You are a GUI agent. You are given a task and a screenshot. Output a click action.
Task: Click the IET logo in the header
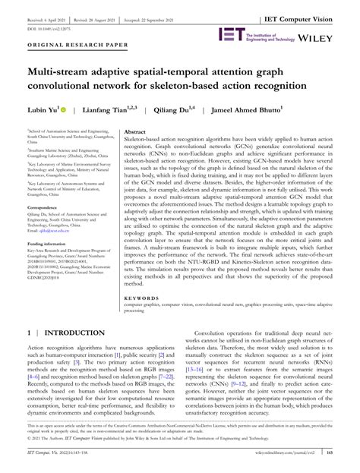pyautogui.click(x=230, y=34)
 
